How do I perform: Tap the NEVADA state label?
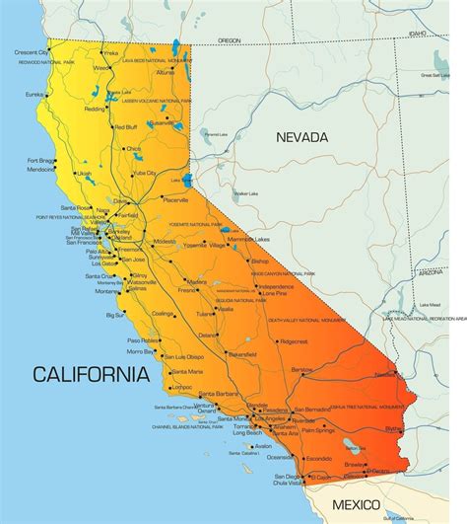pos(301,137)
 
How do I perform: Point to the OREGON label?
pos(229,40)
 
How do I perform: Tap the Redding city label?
pos(97,109)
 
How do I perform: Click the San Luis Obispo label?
pos(183,356)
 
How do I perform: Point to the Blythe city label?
pos(393,428)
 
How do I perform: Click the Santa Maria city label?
pos(187,372)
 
